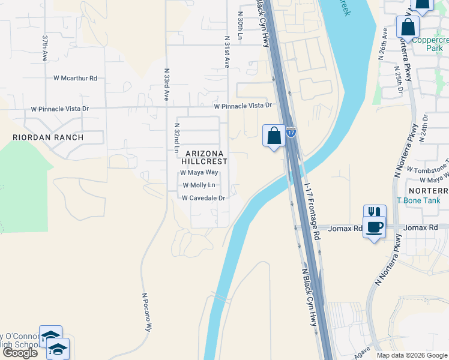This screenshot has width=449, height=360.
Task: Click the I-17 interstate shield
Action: coord(291,132)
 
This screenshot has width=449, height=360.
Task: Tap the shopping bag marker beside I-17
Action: coord(274,136)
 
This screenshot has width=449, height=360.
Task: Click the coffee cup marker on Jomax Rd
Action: coord(375,228)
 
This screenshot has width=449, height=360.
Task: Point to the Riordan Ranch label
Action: coord(49,137)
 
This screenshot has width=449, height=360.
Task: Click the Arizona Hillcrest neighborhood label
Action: coord(205,157)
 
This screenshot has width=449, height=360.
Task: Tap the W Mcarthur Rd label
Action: coord(75,78)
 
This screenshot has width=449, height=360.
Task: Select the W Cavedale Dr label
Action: coord(203,198)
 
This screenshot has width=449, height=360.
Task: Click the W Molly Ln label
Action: coord(199,185)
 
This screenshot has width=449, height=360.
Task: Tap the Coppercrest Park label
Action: coord(427,42)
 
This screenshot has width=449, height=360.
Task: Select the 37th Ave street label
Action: coord(45,49)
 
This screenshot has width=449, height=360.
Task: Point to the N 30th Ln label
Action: coord(240,26)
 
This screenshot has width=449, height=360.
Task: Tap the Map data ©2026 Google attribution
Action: coord(412,355)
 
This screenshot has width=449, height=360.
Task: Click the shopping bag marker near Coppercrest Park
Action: coord(408,28)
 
